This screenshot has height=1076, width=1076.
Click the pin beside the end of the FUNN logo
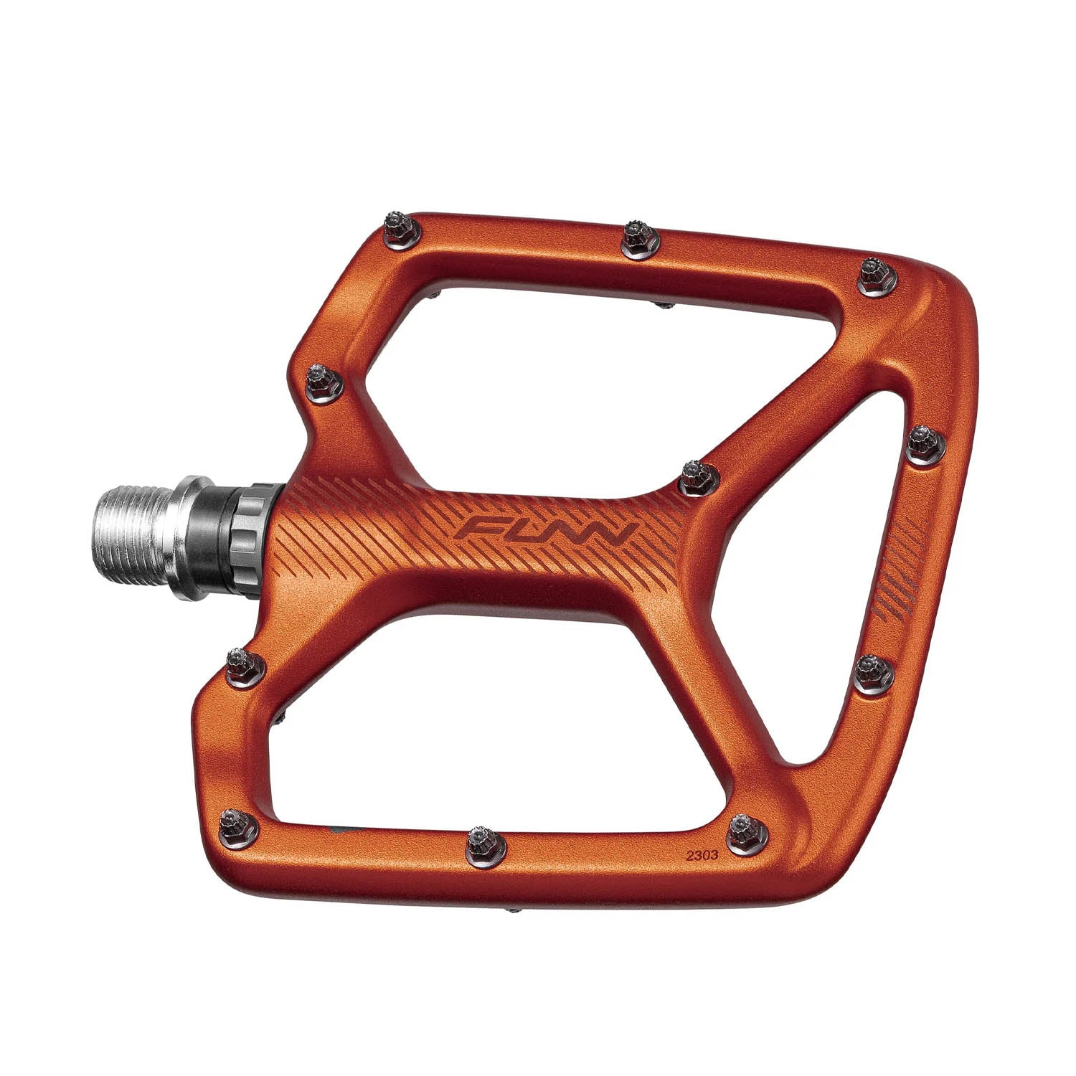pyautogui.click(x=696, y=475)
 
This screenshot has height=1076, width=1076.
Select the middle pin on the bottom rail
pyautogui.click(x=486, y=843)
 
